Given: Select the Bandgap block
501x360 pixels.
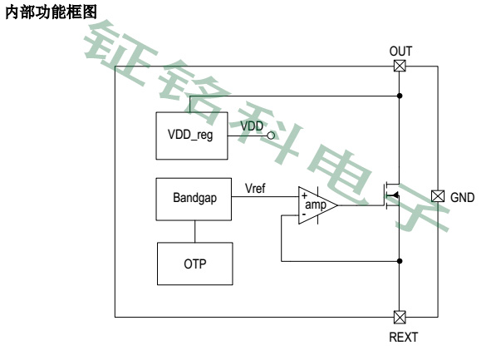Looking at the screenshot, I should click(x=194, y=200).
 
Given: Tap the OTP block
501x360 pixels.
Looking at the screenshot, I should click(x=194, y=263).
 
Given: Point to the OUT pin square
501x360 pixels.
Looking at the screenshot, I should click(x=400, y=67).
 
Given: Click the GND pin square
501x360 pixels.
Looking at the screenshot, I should click(x=438, y=196).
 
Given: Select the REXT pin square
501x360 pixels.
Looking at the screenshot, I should click(x=400, y=316).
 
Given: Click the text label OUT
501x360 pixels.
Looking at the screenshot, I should click(x=400, y=52).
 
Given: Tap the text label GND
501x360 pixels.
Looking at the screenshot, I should click(x=463, y=197).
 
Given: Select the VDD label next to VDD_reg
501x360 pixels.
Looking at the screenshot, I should click(x=252, y=125).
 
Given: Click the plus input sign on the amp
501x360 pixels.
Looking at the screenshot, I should click(x=304, y=195).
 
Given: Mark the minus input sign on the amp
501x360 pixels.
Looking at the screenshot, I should click(x=304, y=215).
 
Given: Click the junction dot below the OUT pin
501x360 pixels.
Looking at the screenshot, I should click(x=400, y=96).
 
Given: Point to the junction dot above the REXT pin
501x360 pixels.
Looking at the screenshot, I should click(x=400, y=260).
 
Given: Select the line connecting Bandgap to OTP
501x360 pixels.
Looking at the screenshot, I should click(x=194, y=230).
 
